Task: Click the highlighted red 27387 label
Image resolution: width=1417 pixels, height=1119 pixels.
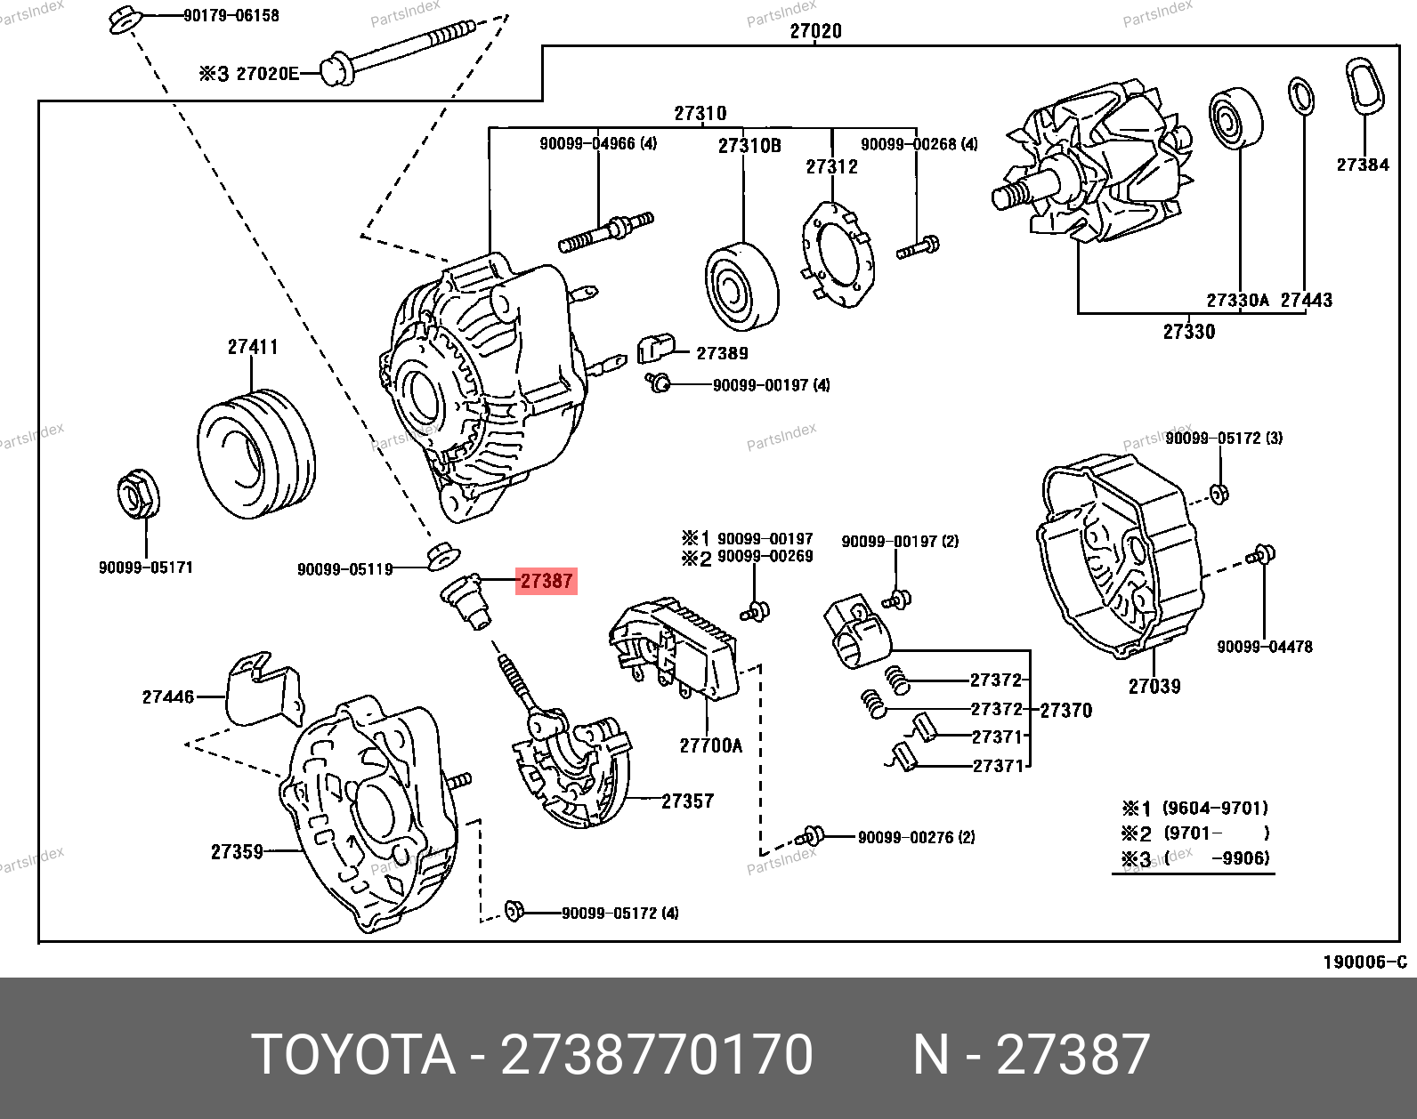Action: [x=546, y=581]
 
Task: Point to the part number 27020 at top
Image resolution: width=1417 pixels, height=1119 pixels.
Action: [x=815, y=31]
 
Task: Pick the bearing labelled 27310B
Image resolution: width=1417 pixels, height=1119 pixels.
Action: [x=741, y=285]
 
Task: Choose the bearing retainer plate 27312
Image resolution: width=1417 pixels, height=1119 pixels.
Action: [x=838, y=255]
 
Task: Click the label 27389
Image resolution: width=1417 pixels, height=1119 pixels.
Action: [x=722, y=353]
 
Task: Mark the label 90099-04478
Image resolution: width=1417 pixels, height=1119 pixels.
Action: [x=1264, y=647]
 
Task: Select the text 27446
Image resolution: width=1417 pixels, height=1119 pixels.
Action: [x=167, y=696]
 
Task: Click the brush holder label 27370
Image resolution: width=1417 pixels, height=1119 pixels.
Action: [x=1065, y=710]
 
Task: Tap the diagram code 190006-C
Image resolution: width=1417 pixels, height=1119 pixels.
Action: [x=1364, y=962]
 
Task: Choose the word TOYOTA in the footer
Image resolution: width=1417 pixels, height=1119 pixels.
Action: [x=352, y=1054]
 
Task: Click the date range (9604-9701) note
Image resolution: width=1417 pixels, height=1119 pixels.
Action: [x=1215, y=808]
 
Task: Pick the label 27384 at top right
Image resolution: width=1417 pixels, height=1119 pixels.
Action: [x=1362, y=165]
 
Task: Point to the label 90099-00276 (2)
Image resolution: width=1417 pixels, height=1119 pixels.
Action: [x=916, y=837]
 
